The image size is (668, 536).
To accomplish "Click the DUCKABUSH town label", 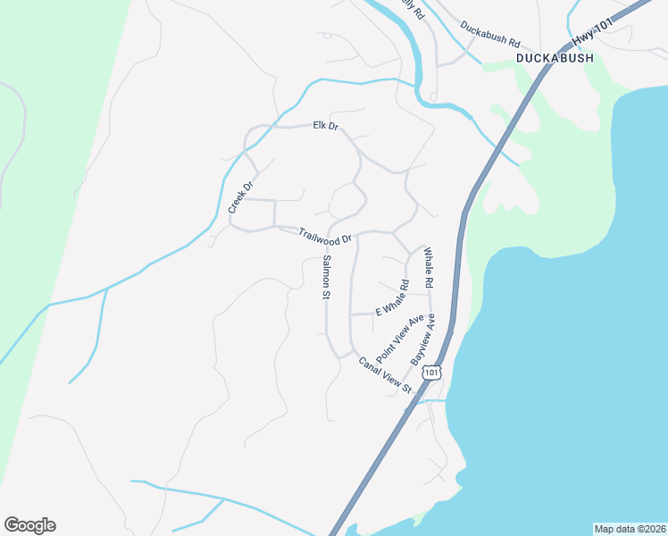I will (x=554, y=58).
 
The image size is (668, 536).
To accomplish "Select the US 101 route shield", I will (x=432, y=372).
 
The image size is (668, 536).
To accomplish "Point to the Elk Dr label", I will (x=326, y=126).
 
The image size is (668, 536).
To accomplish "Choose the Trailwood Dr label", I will (x=326, y=238).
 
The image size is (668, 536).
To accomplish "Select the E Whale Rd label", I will (x=392, y=297).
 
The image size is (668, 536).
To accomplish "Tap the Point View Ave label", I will (x=399, y=339).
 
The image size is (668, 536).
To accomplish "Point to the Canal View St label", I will (x=384, y=375).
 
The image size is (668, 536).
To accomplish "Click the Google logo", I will (x=29, y=525).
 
